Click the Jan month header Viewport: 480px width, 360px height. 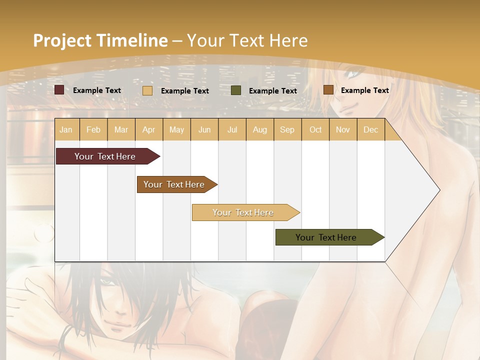click(x=66, y=129)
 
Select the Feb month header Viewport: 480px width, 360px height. click(x=93, y=129)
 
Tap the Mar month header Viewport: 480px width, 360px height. click(x=121, y=129)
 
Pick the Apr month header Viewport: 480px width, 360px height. click(x=148, y=129)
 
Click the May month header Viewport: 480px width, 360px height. click(x=176, y=129)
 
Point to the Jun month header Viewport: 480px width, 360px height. click(x=204, y=129)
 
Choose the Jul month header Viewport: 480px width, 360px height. click(x=232, y=129)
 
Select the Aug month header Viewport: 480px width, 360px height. click(x=260, y=129)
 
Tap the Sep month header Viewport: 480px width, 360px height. click(x=287, y=129)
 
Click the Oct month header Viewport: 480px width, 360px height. click(x=315, y=129)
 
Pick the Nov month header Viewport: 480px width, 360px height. click(x=343, y=129)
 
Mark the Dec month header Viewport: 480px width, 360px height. click(x=370, y=129)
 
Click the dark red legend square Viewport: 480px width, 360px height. click(x=59, y=90)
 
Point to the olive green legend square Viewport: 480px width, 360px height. click(x=236, y=90)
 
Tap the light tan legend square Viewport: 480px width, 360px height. click(x=147, y=90)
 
